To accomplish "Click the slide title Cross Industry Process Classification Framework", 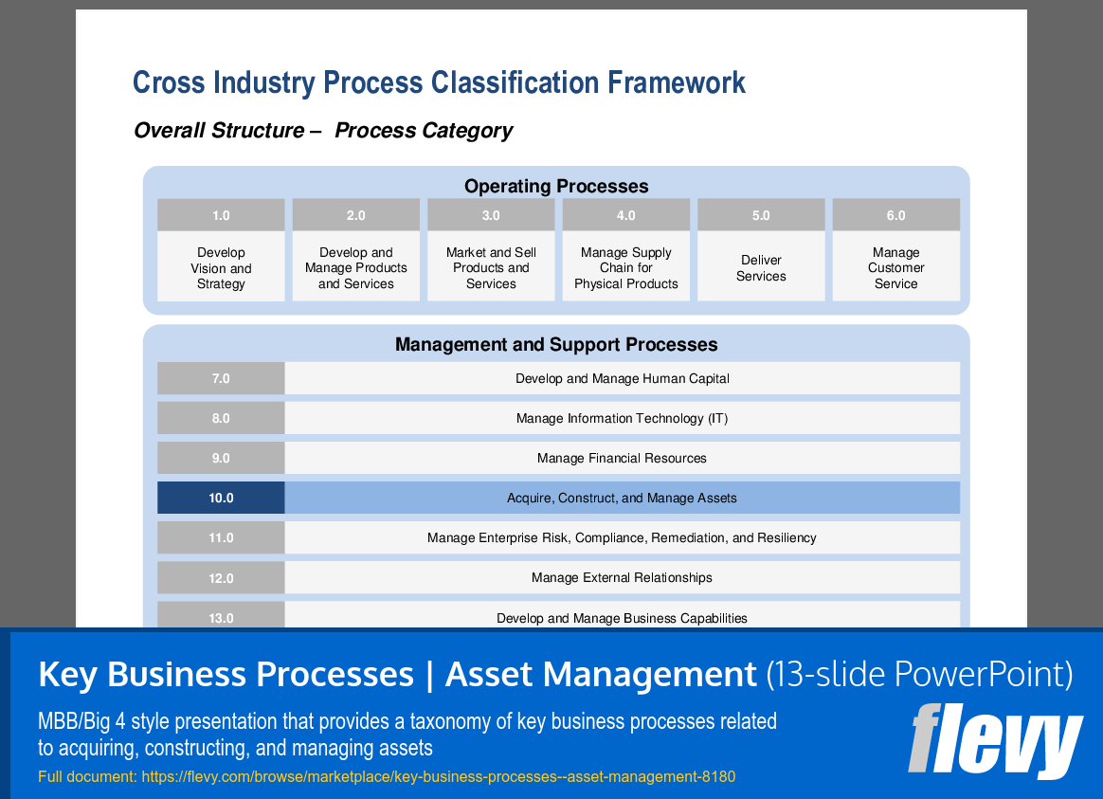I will pyautogui.click(x=439, y=83).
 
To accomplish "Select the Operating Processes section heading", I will pyautogui.click(x=556, y=186).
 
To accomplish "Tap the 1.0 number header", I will pyautogui.click(x=221, y=215).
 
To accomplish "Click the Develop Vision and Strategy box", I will pyautogui.click(x=221, y=267).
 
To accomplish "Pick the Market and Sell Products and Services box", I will pyautogui.click(x=491, y=267).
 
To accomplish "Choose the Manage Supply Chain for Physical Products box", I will pyautogui.click(x=626, y=267).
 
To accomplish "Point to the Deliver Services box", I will pyautogui.click(x=761, y=267).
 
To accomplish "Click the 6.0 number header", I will pyautogui.click(x=895, y=215).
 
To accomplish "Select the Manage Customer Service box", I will pyautogui.click(x=895, y=267).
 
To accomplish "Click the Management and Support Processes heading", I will pyautogui.click(x=556, y=344).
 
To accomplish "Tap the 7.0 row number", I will pyautogui.click(x=221, y=378).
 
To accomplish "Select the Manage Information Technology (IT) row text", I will pyautogui.click(x=622, y=418).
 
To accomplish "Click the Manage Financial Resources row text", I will pyautogui.click(x=622, y=458).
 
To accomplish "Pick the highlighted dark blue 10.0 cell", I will pyautogui.click(x=221, y=498).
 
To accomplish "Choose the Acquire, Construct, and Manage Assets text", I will pyautogui.click(x=622, y=498).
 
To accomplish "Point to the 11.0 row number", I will pyautogui.click(x=221, y=537).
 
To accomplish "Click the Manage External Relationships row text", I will pyautogui.click(x=622, y=577).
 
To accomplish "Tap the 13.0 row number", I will pyautogui.click(x=221, y=617).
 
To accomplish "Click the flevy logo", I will pyautogui.click(x=995, y=741).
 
